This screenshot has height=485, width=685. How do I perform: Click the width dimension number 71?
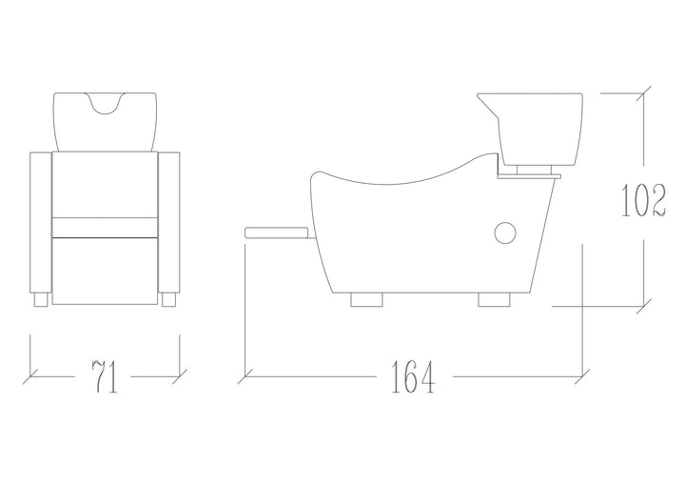(x=105, y=376)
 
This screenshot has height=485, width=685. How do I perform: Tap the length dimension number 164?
(x=413, y=376)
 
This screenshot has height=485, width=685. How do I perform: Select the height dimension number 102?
(x=643, y=200)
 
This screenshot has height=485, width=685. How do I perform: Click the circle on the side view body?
(x=505, y=232)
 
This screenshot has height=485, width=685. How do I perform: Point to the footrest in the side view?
(x=279, y=232)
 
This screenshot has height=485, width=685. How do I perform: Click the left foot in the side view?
(x=366, y=300)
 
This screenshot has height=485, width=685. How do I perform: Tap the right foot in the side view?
(x=494, y=300)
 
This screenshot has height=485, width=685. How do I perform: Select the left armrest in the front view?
(x=41, y=222)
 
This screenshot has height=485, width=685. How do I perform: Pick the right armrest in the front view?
(x=168, y=222)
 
